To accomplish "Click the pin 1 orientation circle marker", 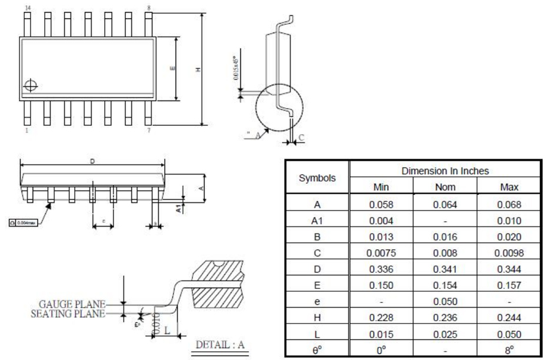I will (30, 86).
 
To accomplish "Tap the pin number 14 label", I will (27, 7).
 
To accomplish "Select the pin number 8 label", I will (149, 7).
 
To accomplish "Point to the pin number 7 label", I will (148, 131).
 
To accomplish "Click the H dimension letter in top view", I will (198, 69).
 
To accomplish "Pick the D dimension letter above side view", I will (92, 161).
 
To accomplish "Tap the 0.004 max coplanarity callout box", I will (23, 222).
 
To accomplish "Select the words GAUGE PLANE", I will (72, 304).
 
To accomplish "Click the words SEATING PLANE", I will (68, 314).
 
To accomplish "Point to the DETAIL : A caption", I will (219, 345).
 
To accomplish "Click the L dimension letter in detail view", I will (166, 330).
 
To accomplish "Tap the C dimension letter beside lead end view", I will (301, 138).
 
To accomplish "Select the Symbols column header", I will (317, 178).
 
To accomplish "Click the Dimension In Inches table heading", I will (445, 171).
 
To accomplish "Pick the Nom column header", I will (445, 187).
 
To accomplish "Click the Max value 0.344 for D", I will (509, 269).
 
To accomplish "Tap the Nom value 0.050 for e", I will (445, 302).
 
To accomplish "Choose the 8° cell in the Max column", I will (509, 349).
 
